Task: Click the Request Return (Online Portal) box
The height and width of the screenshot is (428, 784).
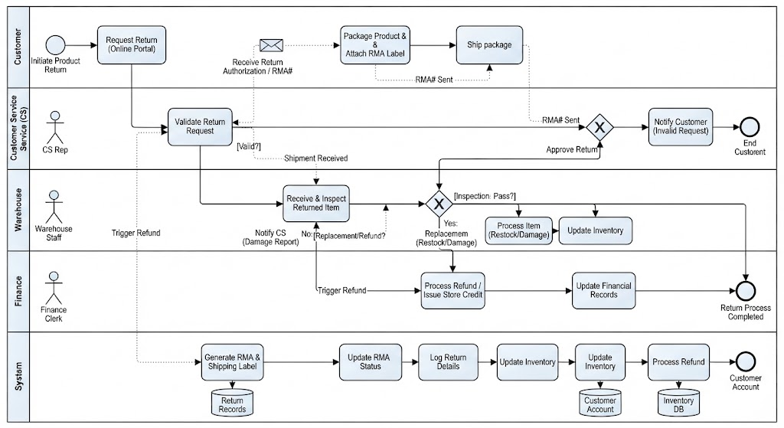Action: pyautogui.click(x=132, y=45)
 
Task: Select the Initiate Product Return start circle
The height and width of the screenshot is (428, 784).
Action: pyautogui.click(x=55, y=45)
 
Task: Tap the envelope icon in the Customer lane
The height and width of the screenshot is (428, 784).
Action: pyautogui.click(x=272, y=45)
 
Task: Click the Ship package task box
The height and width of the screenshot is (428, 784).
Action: pyautogui.click(x=489, y=45)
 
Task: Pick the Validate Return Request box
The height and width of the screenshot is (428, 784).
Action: pyautogui.click(x=200, y=127)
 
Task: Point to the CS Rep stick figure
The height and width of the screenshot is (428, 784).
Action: pyautogui.click(x=55, y=128)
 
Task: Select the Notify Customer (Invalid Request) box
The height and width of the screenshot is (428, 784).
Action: pyautogui.click(x=681, y=127)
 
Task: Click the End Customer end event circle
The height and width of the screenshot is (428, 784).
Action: pyautogui.click(x=750, y=128)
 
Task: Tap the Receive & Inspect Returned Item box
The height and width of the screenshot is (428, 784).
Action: pyautogui.click(x=316, y=204)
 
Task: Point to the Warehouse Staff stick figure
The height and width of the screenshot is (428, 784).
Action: pyautogui.click(x=54, y=207)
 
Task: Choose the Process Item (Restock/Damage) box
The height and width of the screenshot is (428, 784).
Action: pyautogui.click(x=519, y=230)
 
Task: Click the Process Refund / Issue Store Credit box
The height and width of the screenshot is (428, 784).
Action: pyautogui.click(x=453, y=290)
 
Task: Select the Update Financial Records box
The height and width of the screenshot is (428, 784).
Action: pyautogui.click(x=604, y=290)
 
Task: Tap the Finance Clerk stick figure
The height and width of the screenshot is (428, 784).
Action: pyautogui.click(x=54, y=288)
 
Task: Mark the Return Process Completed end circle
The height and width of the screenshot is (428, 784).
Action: pyautogui.click(x=746, y=291)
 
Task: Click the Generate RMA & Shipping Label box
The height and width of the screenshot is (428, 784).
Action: pyautogui.click(x=233, y=362)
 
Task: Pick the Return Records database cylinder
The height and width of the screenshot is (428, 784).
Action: pyautogui.click(x=233, y=403)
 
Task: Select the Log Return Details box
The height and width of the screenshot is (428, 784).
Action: pyautogui.click(x=448, y=362)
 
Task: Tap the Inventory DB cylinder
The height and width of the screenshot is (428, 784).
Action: pyautogui.click(x=678, y=403)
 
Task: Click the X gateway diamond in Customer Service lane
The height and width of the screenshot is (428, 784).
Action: pyautogui.click(x=599, y=128)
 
